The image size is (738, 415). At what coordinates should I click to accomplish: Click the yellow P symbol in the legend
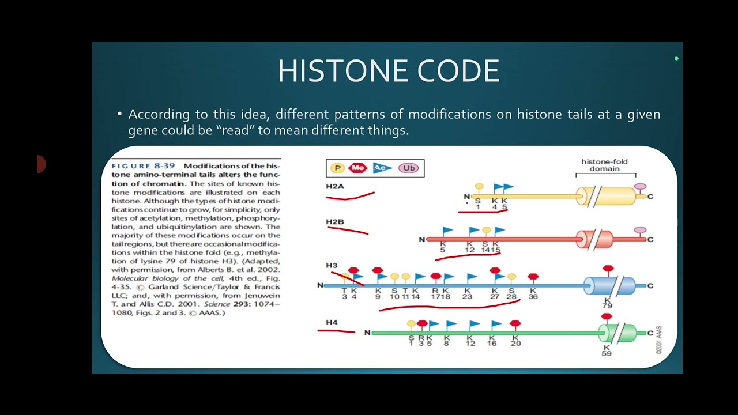337,168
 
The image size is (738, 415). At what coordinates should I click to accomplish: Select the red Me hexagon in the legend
358,168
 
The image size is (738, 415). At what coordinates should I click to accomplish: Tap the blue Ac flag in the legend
381,168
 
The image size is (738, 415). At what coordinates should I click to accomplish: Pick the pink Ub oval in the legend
408,168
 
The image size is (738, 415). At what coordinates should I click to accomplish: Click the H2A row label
334,186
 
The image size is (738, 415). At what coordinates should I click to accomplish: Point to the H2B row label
334,222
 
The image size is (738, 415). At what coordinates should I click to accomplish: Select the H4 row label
332,322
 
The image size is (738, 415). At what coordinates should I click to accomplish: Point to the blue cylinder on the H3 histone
611,285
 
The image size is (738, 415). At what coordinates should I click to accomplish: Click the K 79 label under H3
607,303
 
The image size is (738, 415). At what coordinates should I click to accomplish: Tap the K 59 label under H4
607,350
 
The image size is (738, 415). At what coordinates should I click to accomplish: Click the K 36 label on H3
533,293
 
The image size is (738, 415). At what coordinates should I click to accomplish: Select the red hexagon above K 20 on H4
515,324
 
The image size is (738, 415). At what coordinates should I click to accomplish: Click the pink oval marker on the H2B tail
640,231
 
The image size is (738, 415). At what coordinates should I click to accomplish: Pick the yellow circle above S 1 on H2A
479,187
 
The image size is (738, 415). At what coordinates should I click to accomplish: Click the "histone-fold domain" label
604,165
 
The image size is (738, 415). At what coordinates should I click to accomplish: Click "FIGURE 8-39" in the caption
144,166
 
